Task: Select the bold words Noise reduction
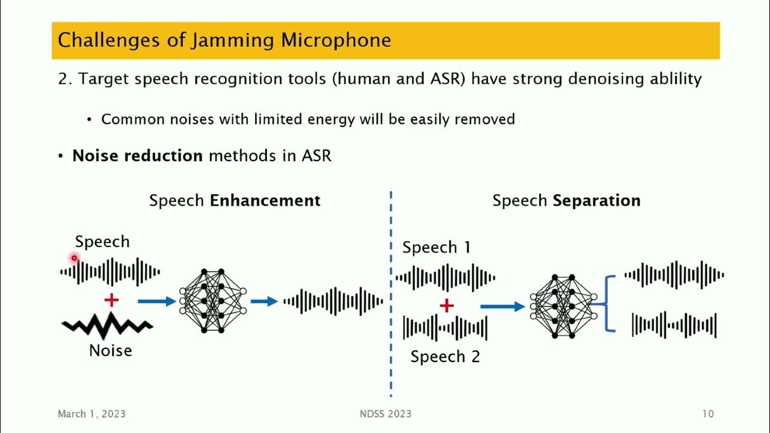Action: click(137, 156)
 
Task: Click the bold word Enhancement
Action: click(265, 200)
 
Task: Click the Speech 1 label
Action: click(436, 247)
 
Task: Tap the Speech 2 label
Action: click(445, 357)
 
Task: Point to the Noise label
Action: click(111, 350)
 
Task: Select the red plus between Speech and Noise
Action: click(111, 300)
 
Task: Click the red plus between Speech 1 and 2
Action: click(446, 306)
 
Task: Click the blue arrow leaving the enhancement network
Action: click(263, 301)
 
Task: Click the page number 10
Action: click(707, 414)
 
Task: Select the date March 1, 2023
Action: click(91, 414)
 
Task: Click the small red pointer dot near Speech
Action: click(75, 259)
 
